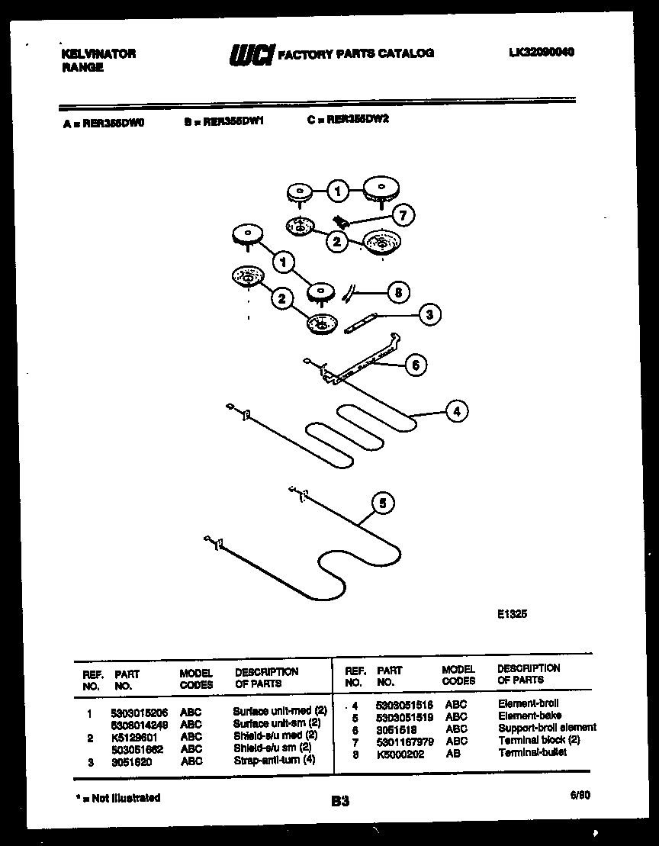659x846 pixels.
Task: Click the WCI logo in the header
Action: (251, 55)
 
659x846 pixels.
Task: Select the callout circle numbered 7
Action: (403, 216)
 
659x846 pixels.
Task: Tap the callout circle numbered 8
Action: (397, 291)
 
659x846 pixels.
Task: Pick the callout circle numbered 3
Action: (429, 314)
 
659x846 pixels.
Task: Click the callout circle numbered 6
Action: (415, 365)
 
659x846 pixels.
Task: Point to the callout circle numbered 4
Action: (456, 412)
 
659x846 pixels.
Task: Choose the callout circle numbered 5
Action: (383, 503)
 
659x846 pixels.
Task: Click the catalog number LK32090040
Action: (541, 52)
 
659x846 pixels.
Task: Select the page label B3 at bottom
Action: (340, 801)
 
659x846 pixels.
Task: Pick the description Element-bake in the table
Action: (529, 716)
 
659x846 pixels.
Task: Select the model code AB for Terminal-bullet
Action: (452, 754)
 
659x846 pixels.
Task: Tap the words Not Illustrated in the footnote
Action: (127, 798)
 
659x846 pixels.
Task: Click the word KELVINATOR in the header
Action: (98, 53)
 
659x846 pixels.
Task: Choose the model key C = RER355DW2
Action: (349, 120)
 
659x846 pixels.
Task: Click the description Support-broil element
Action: (546, 729)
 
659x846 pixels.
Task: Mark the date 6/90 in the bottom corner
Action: (580, 794)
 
